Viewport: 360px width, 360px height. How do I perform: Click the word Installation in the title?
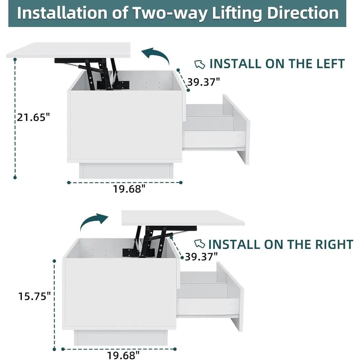(62, 13)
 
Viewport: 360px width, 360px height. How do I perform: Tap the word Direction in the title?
(303, 13)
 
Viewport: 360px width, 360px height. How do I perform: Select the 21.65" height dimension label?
(33, 117)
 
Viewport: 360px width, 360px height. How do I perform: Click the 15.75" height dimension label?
(35, 296)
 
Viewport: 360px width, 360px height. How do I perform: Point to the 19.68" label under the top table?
(129, 189)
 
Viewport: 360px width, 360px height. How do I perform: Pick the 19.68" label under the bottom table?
(123, 355)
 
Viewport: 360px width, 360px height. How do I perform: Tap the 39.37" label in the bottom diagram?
(201, 256)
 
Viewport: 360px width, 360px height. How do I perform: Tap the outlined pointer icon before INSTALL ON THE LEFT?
(200, 64)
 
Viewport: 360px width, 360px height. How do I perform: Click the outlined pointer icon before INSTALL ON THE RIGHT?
(199, 244)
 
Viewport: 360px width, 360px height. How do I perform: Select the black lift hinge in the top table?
(92, 73)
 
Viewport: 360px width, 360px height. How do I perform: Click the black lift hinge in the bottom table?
(160, 241)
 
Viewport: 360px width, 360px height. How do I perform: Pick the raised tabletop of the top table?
(68, 50)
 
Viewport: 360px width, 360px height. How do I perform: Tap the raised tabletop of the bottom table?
(183, 218)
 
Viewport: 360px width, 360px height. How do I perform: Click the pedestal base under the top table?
(126, 171)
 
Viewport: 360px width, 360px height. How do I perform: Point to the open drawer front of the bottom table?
(230, 296)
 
